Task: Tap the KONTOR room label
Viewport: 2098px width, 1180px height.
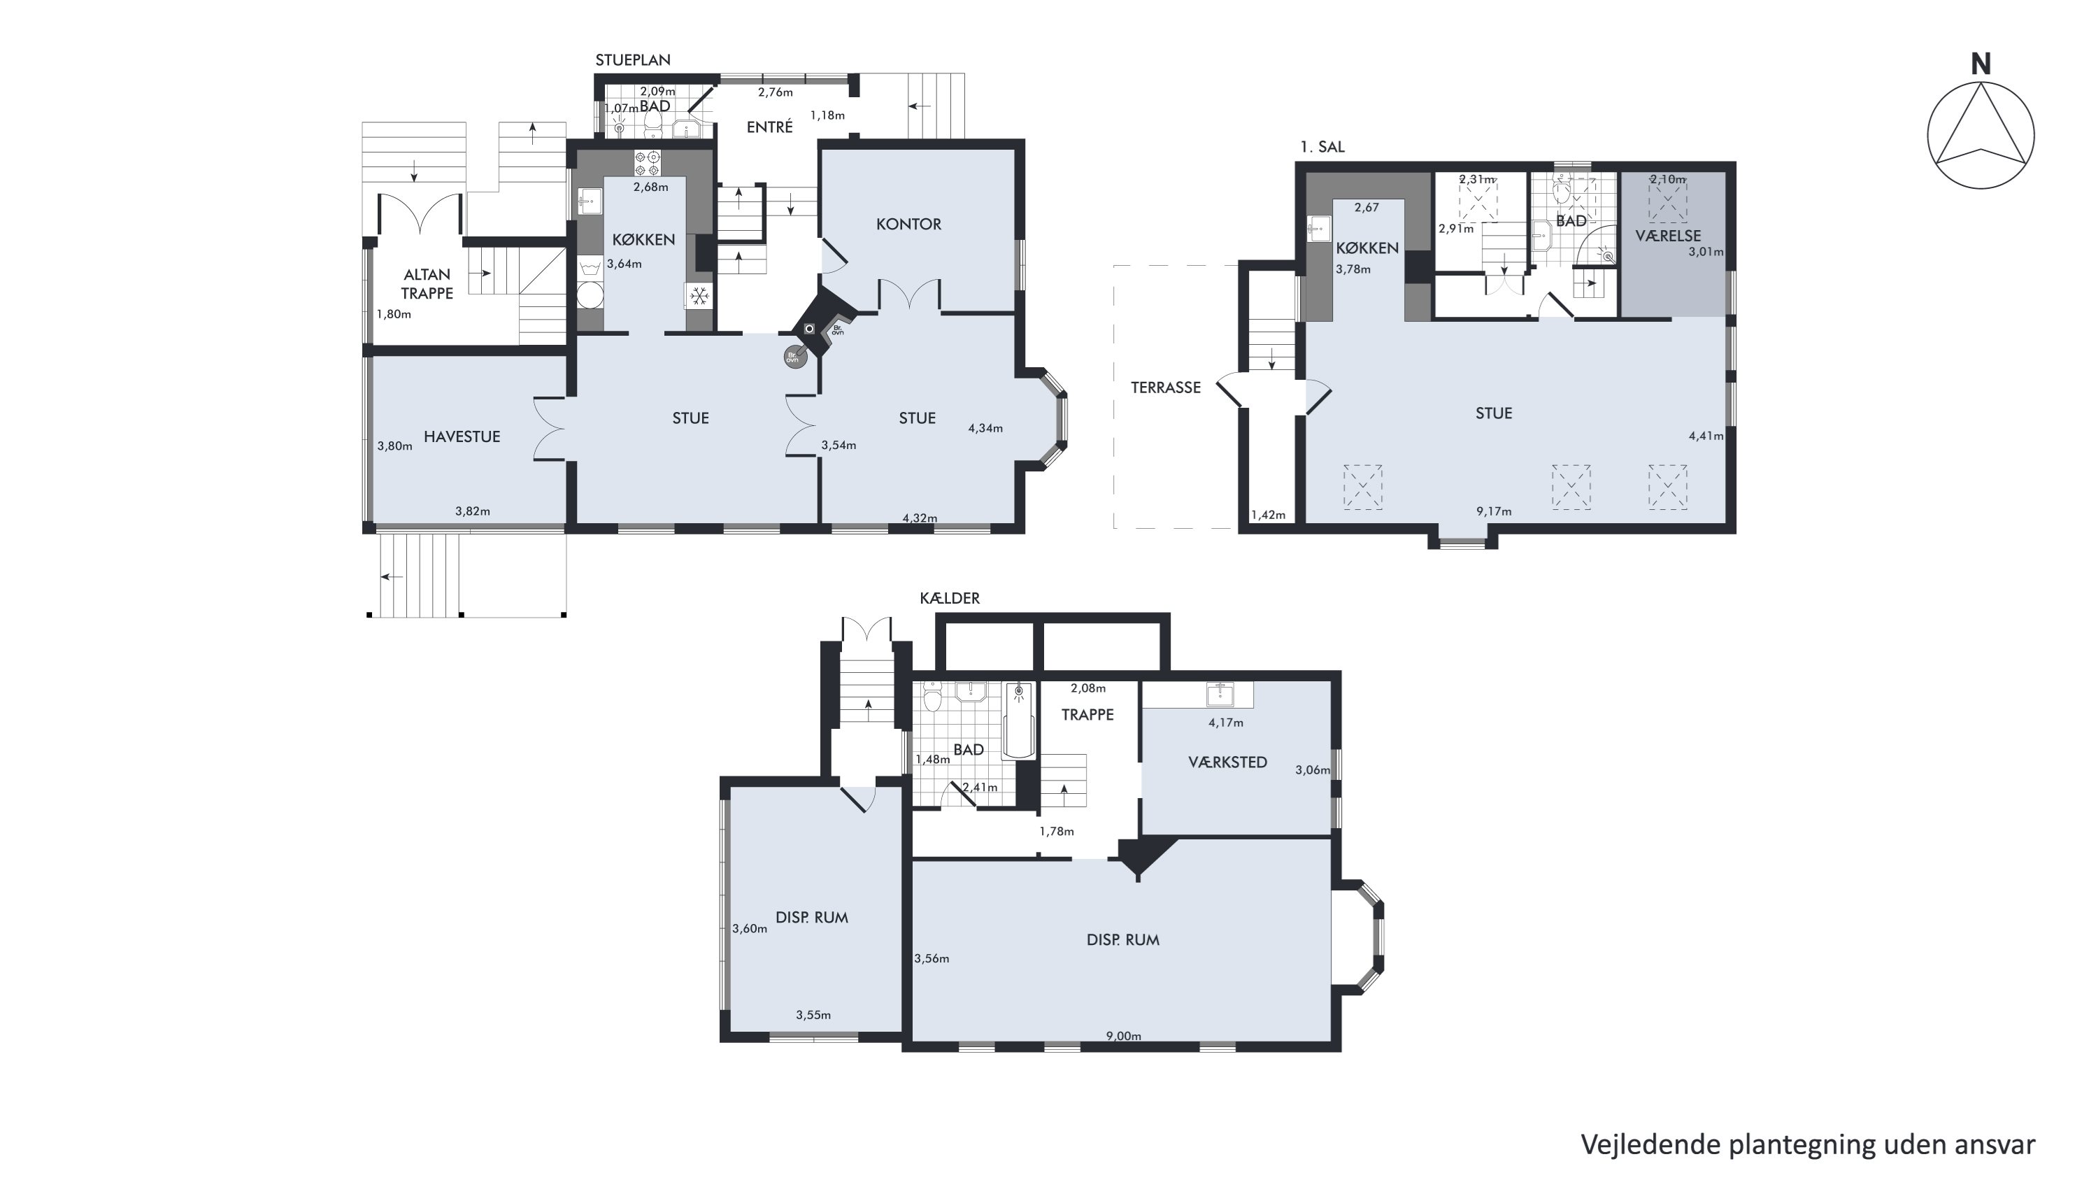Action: pyautogui.click(x=908, y=224)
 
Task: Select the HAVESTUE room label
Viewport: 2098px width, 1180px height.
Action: pyautogui.click(x=462, y=436)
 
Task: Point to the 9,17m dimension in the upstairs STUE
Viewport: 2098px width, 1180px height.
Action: pyautogui.click(x=1494, y=511)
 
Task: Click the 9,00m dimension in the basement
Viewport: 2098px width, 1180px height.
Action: pyautogui.click(x=1123, y=1036)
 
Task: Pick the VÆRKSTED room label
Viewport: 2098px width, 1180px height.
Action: pyautogui.click(x=1227, y=762)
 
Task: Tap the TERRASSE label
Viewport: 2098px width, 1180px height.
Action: pyautogui.click(x=1166, y=388)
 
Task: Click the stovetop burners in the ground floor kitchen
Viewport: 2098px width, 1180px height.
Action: pyautogui.click(x=648, y=164)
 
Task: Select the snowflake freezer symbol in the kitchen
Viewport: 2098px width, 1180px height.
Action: pyautogui.click(x=699, y=296)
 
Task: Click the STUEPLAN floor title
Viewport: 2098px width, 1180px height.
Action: pyautogui.click(x=633, y=60)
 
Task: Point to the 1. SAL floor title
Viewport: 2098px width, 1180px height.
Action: pyautogui.click(x=1322, y=148)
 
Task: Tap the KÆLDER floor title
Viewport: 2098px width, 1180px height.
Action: pyautogui.click(x=950, y=598)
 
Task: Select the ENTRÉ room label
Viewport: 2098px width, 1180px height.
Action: pyautogui.click(x=770, y=127)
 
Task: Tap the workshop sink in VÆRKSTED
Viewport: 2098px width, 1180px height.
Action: pyautogui.click(x=1219, y=694)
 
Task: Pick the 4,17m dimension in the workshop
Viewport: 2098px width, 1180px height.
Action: pyautogui.click(x=1226, y=723)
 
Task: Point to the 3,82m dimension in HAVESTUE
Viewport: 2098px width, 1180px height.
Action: pyautogui.click(x=472, y=511)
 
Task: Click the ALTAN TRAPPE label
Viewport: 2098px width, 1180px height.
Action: pyautogui.click(x=427, y=284)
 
